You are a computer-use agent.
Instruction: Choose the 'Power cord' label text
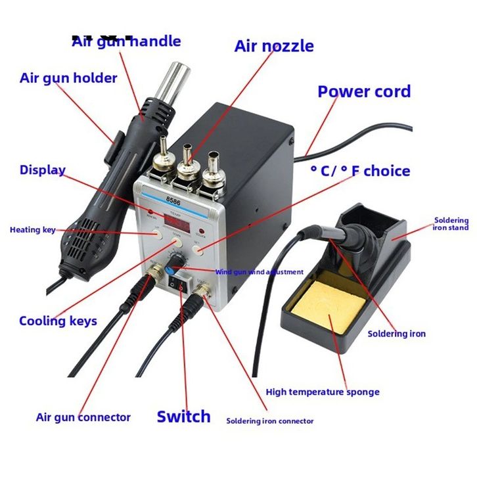[x=364, y=91]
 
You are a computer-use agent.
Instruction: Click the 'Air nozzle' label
[x=274, y=46]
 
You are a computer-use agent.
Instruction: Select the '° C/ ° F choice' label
[x=360, y=171]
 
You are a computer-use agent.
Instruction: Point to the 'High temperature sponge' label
[x=323, y=392]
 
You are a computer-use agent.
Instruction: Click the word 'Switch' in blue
[x=183, y=417]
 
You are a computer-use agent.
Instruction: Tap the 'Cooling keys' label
[x=58, y=321]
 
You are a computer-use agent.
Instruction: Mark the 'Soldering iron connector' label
[x=270, y=421]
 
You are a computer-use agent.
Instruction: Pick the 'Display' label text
[x=43, y=170]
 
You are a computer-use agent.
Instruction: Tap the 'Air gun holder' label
[x=68, y=78]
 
